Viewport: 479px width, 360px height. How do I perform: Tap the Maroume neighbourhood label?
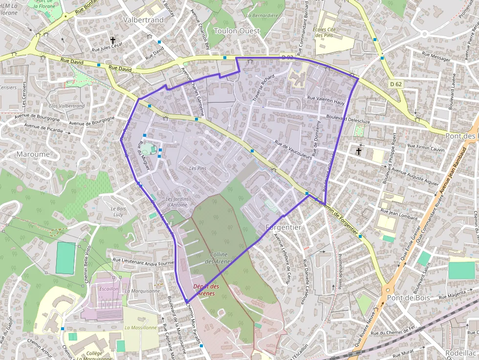(x=33, y=154)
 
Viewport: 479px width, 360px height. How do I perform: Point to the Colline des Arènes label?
(x=218, y=258)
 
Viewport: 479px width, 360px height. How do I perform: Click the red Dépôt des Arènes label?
(x=206, y=290)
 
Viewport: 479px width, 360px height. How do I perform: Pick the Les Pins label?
(x=198, y=168)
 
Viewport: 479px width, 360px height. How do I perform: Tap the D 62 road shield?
(x=396, y=84)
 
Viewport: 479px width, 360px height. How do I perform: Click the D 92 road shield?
(x=287, y=58)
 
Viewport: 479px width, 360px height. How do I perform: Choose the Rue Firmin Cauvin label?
(x=426, y=148)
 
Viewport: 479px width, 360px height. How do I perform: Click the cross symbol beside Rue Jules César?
(x=113, y=41)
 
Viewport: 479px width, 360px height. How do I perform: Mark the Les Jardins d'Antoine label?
(x=176, y=202)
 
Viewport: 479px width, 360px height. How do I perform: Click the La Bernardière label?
(x=262, y=16)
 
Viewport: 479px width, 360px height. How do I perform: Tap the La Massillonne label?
(x=140, y=327)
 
